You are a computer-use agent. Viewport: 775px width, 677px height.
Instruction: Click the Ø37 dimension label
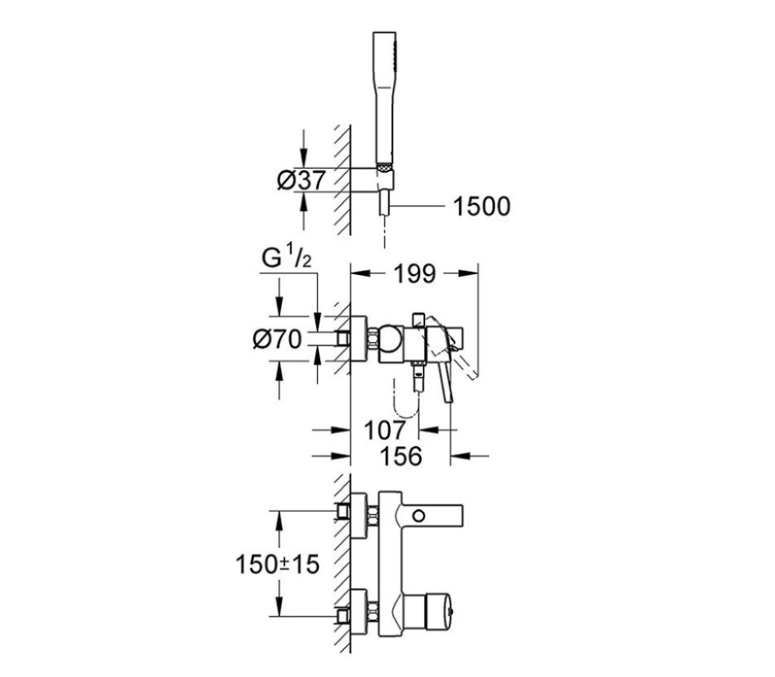point(301,180)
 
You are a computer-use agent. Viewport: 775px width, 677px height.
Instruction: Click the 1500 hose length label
point(482,206)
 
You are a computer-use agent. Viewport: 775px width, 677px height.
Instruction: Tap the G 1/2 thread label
point(287,258)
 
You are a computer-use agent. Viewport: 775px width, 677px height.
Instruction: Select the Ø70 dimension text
point(277,339)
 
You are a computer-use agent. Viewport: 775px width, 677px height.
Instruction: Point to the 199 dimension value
point(415,273)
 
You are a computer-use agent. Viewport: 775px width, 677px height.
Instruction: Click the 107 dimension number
point(384,430)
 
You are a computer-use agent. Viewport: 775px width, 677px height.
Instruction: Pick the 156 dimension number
point(401,456)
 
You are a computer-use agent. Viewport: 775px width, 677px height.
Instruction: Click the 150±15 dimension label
point(277,564)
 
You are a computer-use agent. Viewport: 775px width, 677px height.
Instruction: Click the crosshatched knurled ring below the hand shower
point(384,167)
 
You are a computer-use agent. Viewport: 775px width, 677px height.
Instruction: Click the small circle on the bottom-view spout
point(419,517)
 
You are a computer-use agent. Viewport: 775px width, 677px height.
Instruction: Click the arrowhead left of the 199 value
point(360,273)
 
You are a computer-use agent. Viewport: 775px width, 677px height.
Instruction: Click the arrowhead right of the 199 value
point(468,273)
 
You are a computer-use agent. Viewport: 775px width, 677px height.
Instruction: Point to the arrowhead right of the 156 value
point(460,456)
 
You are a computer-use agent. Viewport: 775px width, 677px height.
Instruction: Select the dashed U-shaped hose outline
point(406,398)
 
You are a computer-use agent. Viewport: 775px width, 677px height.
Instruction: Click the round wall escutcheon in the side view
point(358,339)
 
